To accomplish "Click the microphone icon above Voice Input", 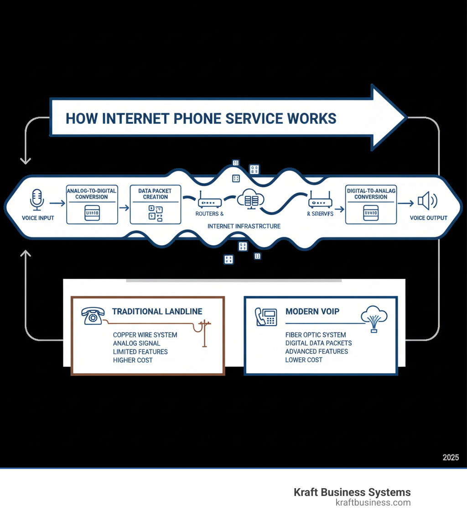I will click(x=37, y=200).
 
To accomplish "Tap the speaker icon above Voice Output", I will click(x=428, y=200).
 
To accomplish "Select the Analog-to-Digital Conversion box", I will click(x=92, y=205).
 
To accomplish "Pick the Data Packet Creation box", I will click(x=156, y=205).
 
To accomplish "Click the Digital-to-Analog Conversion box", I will click(x=371, y=205).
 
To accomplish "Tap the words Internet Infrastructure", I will click(x=244, y=226).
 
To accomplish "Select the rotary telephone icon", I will click(x=93, y=316).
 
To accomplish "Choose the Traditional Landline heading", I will click(x=157, y=311).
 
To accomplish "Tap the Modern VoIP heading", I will click(x=312, y=311).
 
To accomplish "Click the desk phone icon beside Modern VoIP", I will click(x=267, y=316).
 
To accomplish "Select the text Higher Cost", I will click(x=133, y=360).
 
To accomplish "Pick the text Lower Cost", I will click(x=304, y=360).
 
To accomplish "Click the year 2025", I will click(x=451, y=458).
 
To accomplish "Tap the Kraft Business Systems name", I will click(x=352, y=492).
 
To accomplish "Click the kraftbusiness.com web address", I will click(x=373, y=503).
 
